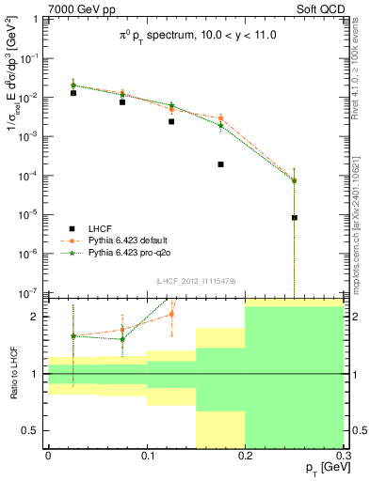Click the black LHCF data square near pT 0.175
point(220,164)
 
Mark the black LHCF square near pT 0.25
point(295,217)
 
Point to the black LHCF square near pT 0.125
point(171,121)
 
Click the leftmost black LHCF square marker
point(73,93)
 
